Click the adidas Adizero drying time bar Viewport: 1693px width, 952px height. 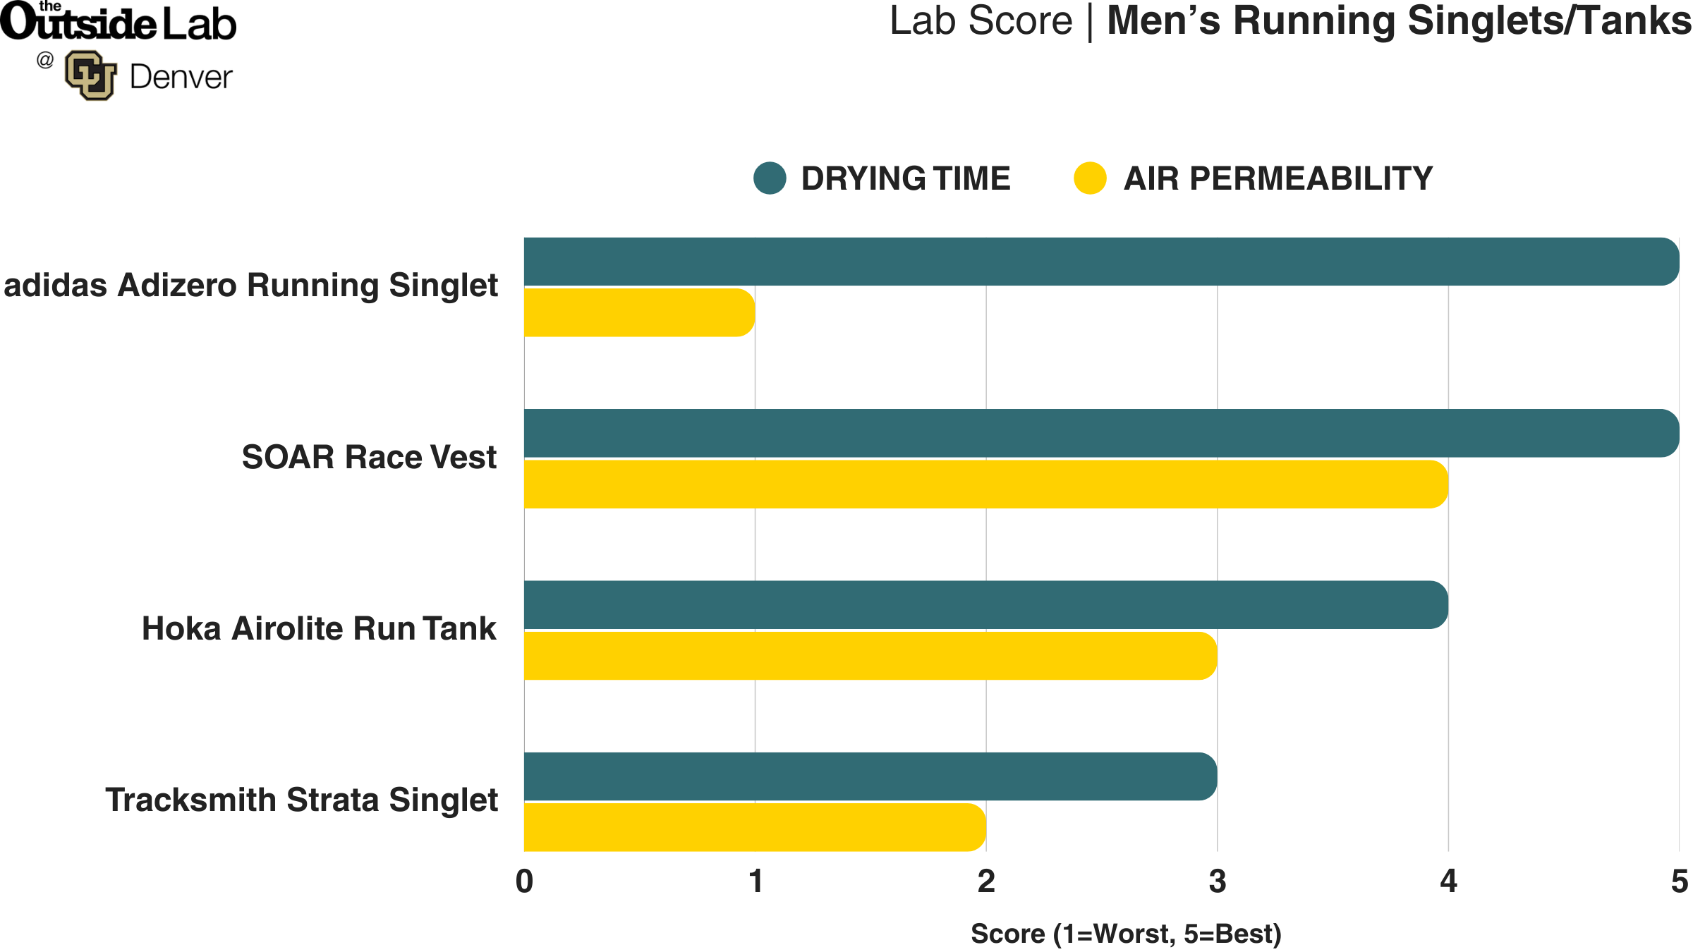[1100, 262]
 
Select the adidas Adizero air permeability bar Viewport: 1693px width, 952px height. [639, 312]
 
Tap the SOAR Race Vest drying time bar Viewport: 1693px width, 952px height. [1100, 433]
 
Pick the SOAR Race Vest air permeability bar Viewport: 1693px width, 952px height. [985, 484]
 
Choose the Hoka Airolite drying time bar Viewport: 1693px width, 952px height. [985, 605]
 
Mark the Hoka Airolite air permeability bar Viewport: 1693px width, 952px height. [870, 656]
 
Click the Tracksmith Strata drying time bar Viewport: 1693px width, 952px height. [870, 776]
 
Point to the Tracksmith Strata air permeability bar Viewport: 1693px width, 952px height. [755, 827]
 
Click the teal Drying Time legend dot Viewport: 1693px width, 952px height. [770, 178]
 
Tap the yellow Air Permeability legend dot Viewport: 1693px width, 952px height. [1090, 178]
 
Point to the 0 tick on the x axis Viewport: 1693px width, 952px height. [524, 881]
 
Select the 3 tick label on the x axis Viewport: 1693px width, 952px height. [1217, 881]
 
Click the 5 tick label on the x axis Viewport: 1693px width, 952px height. [1679, 881]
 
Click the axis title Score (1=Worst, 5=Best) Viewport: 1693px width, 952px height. [1126, 934]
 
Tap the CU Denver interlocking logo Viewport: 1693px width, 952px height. [90, 75]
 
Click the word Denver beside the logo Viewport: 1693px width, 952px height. [181, 77]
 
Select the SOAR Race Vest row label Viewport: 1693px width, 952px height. [369, 457]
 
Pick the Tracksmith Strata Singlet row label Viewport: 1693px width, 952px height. [301, 800]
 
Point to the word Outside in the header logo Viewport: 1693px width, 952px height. [78, 23]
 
